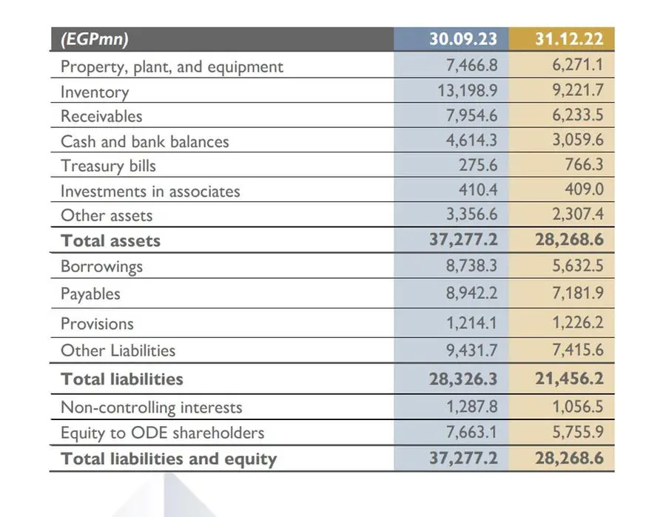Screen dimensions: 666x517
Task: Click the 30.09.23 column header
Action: [x=463, y=39]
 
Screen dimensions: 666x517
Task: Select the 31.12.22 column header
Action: [x=569, y=39]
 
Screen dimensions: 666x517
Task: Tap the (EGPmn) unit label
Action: [x=95, y=39]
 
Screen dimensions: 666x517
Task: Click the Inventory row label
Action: [x=95, y=92]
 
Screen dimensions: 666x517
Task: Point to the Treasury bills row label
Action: [x=108, y=166]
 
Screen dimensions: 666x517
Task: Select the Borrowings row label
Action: [x=101, y=266]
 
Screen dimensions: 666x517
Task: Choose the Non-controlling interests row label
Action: [x=152, y=408]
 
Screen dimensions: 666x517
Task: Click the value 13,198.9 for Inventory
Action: [x=467, y=90]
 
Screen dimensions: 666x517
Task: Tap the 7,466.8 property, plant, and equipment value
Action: [x=471, y=65]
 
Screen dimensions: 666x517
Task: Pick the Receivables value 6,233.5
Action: [x=578, y=115]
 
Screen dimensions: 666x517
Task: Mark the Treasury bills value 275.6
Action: [x=478, y=165]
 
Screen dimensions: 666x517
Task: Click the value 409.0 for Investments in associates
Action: [x=584, y=189]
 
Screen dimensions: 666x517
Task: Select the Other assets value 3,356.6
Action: [x=471, y=214]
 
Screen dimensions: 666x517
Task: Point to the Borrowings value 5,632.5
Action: [x=578, y=266]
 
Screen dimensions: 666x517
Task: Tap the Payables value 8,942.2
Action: [x=471, y=293]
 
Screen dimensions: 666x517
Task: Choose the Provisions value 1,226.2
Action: [x=578, y=322]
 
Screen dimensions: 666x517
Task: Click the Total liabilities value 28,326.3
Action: [x=463, y=379]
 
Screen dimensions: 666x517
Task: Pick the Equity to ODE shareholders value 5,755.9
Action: [x=578, y=432]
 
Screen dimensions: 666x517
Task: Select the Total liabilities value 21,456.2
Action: [x=569, y=379]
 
